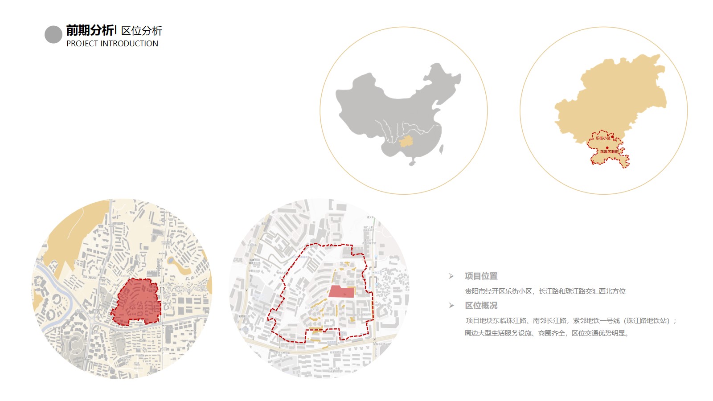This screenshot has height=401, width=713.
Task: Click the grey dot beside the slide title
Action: pyautogui.click(x=53, y=35)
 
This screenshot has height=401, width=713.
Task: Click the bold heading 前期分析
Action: pyautogui.click(x=90, y=30)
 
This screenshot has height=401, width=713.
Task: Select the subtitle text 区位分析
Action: pyautogui.click(x=142, y=31)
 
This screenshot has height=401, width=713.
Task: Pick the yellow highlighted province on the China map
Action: pyautogui.click(x=406, y=142)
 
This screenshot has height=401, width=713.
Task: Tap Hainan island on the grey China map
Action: pyautogui.click(x=412, y=163)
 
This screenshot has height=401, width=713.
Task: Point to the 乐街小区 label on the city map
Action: pyautogui.click(x=602, y=138)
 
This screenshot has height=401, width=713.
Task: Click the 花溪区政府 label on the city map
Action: pyautogui.click(x=609, y=152)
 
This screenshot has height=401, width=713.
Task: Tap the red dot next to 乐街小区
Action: pyautogui.click(x=612, y=137)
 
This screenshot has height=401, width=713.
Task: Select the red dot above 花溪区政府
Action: pyautogui.click(x=607, y=147)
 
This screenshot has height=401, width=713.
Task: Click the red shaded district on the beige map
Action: pyautogui.click(x=136, y=301)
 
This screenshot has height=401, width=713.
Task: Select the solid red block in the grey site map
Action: pyautogui.click(x=341, y=292)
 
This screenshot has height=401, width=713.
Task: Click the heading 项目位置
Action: pyautogui.click(x=481, y=276)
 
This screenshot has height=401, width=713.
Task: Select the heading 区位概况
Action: pyautogui.click(x=481, y=306)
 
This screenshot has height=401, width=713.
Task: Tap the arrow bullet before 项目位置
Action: pyautogui.click(x=451, y=276)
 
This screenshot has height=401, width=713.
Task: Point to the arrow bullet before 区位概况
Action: pyautogui.click(x=451, y=306)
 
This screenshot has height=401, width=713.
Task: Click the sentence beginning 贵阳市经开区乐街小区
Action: pyautogui.click(x=545, y=291)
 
